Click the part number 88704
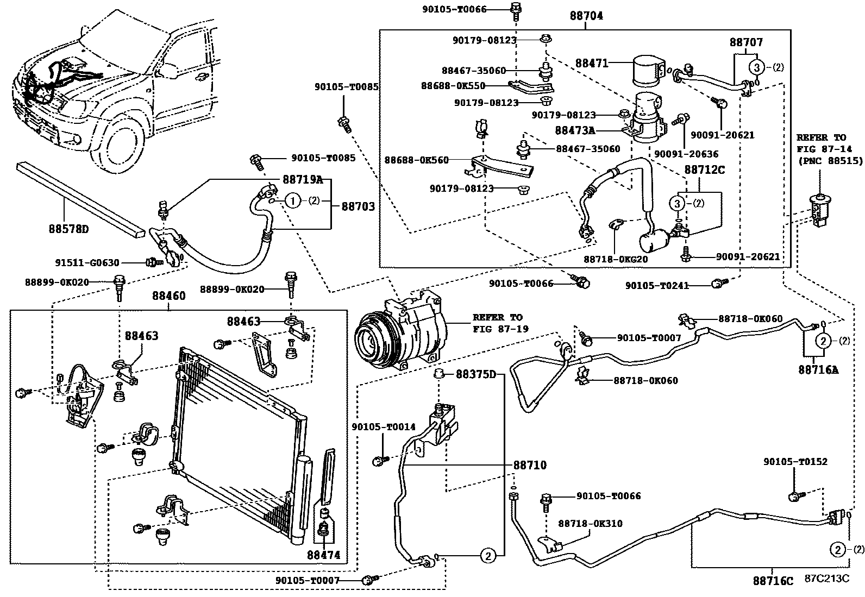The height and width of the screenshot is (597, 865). [x=586, y=16]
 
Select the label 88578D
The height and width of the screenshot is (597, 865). [x=67, y=229]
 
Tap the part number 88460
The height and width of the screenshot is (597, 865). [x=168, y=296]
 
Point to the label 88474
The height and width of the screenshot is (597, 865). [x=324, y=555]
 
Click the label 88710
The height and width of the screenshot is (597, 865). [x=530, y=465]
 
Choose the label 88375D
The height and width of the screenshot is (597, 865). [x=476, y=374]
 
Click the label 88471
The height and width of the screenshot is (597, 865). [x=592, y=64]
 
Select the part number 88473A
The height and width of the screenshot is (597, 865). [x=575, y=130]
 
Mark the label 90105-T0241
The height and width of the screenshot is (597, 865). [x=657, y=285]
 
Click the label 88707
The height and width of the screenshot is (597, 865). [x=746, y=42]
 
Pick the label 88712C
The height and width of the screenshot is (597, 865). [x=704, y=169]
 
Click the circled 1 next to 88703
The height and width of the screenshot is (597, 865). [x=292, y=202]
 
